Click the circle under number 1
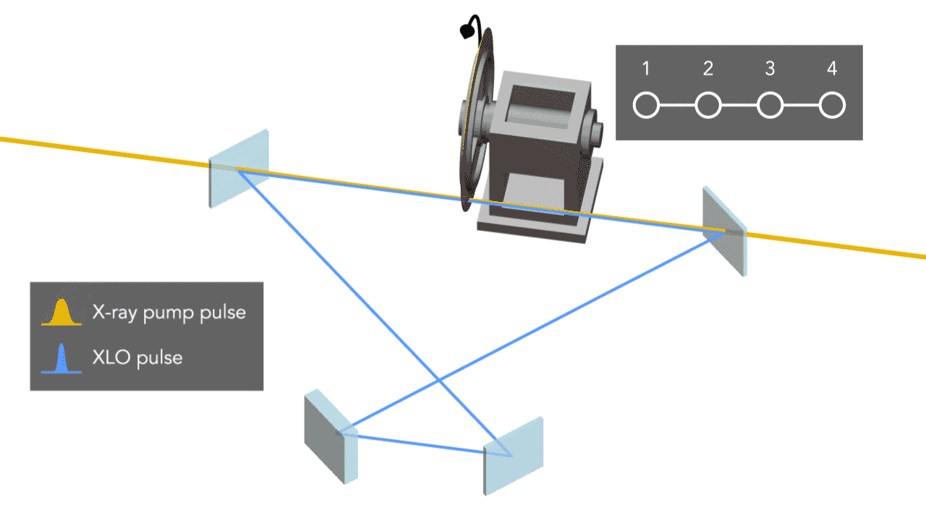pyautogui.click(x=646, y=106)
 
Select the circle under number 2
pyautogui.click(x=708, y=106)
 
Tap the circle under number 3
pyautogui.click(x=770, y=106)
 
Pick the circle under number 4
pyautogui.click(x=832, y=106)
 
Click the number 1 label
pyautogui.click(x=646, y=69)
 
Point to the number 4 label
pyautogui.click(x=832, y=69)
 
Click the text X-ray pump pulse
pyautogui.click(x=169, y=313)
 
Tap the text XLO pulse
pyautogui.click(x=137, y=357)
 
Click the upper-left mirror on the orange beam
pyautogui.click(x=239, y=168)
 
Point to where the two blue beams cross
pyautogui.click(x=439, y=379)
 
